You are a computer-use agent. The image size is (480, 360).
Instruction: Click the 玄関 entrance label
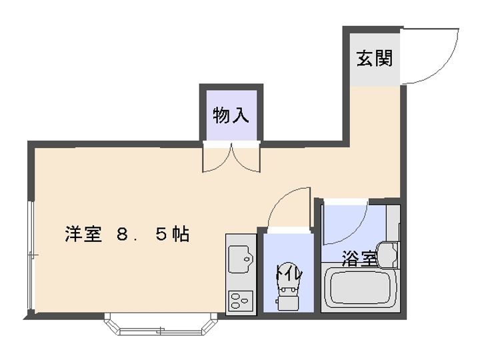pos(374,58)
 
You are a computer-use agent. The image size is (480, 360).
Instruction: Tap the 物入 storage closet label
pos(231,115)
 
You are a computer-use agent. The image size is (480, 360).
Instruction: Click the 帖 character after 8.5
pos(180,235)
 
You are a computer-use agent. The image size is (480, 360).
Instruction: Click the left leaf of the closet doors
pos(218,159)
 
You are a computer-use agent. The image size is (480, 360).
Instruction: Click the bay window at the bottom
pos(161,327)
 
